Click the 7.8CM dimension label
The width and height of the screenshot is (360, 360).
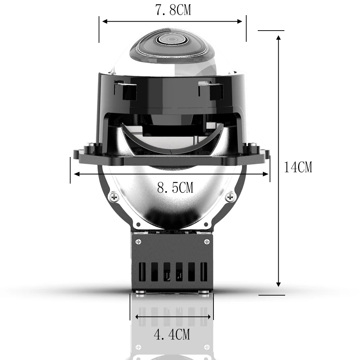pos(173,10)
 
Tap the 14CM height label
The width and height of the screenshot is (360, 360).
pos(298,167)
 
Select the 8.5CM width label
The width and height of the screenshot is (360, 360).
pos(175,187)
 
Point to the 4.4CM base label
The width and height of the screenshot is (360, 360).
pos(172,334)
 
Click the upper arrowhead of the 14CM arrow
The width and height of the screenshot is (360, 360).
pos(279,38)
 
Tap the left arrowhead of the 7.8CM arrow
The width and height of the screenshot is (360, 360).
pos(105,21)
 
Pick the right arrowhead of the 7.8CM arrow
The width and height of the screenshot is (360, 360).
pos(239,21)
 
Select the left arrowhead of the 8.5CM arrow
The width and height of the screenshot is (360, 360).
pos(76,174)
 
